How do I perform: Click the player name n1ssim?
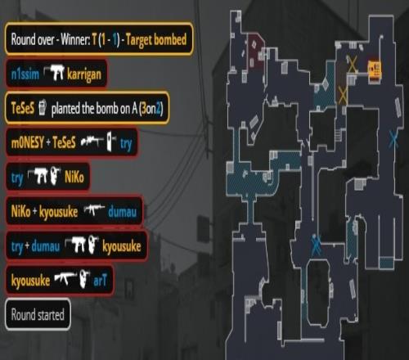pyautogui.click(x=25, y=74)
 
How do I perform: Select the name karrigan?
pyautogui.click(x=84, y=74)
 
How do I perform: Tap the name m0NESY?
pyautogui.click(x=27, y=142)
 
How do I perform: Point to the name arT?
pyautogui.click(x=100, y=281)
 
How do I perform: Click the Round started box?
pyautogui.click(x=38, y=314)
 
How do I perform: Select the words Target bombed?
pyautogui.click(x=156, y=40)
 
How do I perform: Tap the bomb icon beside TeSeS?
pyautogui.click(x=42, y=107)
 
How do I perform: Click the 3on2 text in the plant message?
pyautogui.click(x=151, y=109)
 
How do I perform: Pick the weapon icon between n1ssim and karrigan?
pyautogui.click(x=54, y=72)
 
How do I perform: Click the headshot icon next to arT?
pyautogui.click(x=84, y=279)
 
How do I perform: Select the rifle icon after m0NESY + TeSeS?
pyautogui.click(x=92, y=142)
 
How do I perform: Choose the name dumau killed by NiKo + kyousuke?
pyautogui.click(x=122, y=212)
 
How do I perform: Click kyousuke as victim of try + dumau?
pyautogui.click(x=122, y=247)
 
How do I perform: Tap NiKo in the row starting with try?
pyautogui.click(x=74, y=178)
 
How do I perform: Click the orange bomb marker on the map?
pyautogui.click(x=375, y=68)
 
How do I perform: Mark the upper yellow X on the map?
pyautogui.click(x=352, y=64)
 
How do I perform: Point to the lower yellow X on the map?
pyautogui.click(x=343, y=95)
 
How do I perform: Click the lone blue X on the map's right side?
pyautogui.click(x=393, y=138)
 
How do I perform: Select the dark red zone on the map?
pyautogui.click(x=255, y=51)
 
